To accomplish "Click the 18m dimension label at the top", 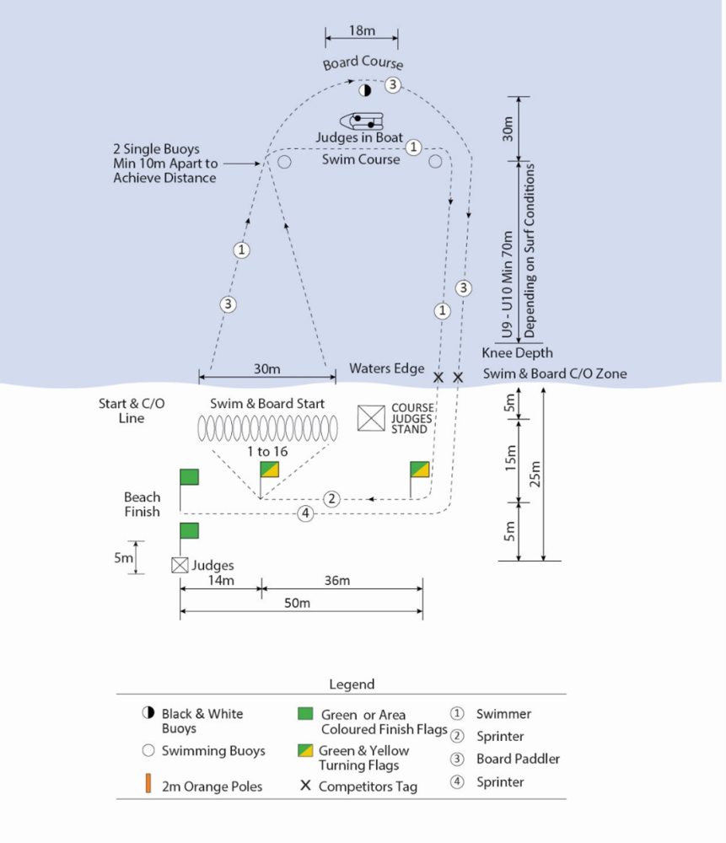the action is (x=362, y=30).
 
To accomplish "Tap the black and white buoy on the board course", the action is (x=365, y=90).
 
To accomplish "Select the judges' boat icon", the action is (x=362, y=121).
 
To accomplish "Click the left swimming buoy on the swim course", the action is (x=284, y=161).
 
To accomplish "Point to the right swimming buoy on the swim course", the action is (x=435, y=161).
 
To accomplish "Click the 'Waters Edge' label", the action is (x=387, y=369).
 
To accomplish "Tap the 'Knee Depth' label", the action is (x=517, y=353).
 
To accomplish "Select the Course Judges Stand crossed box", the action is (x=371, y=418).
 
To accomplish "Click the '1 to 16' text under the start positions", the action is (x=267, y=451).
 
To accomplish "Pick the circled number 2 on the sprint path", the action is (x=332, y=499).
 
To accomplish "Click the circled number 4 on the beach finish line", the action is (x=305, y=513).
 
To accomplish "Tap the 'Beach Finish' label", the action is (x=142, y=504).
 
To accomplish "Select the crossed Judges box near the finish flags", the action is (x=180, y=565).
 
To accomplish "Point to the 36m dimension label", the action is (x=337, y=581).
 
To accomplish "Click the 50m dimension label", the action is (x=297, y=604).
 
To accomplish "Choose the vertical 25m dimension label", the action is (x=535, y=474).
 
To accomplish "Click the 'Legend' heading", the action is (x=352, y=685).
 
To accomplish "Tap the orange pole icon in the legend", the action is (x=148, y=783).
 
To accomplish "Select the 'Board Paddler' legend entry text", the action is (x=518, y=759).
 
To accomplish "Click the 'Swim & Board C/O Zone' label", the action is (x=555, y=373).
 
